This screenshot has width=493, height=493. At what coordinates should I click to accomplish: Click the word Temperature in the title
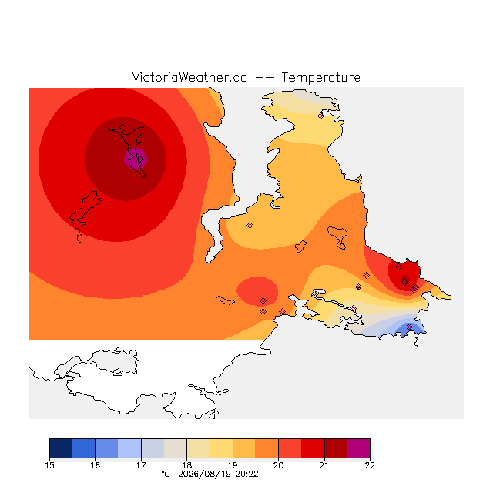320,78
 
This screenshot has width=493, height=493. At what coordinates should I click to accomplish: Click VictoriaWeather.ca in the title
189,78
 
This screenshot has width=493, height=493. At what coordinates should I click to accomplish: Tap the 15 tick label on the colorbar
49,465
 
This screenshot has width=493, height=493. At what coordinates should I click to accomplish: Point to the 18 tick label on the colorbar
186,465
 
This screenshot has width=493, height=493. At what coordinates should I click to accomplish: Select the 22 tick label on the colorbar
370,465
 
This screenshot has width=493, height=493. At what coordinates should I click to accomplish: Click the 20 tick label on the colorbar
278,465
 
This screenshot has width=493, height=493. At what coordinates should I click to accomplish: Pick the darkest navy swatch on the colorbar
61,448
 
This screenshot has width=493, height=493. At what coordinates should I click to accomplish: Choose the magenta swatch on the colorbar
358,448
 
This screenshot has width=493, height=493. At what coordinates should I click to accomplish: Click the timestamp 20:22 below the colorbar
246,475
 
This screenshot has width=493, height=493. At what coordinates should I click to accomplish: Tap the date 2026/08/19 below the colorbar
205,475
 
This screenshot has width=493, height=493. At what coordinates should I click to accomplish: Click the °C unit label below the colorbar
166,475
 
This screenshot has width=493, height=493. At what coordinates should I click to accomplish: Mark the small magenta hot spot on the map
136,159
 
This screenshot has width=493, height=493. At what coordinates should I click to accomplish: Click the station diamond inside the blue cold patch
409,327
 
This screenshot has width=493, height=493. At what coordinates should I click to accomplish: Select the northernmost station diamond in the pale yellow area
320,116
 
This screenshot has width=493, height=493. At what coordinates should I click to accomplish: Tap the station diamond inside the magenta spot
140,159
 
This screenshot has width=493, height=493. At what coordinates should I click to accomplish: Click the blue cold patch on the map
409,329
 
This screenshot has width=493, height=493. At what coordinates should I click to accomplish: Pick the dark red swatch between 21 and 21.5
336,448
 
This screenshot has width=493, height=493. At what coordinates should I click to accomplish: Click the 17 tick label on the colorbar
141,465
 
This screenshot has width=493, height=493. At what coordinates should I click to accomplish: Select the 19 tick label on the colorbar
233,465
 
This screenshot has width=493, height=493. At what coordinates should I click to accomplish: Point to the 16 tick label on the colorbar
96,465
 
